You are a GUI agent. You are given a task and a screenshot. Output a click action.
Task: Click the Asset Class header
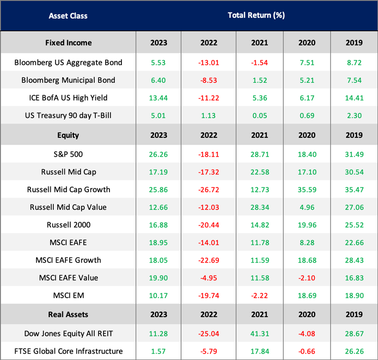(68, 15)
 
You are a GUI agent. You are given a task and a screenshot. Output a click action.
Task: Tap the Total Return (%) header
(256, 15)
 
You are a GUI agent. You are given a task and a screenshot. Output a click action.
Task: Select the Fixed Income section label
(68, 42)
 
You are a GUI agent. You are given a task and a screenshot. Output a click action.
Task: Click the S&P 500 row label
(68, 154)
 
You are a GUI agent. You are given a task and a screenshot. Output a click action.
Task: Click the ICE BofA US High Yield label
(68, 98)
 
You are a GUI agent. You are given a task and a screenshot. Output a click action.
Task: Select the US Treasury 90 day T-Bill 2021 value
(260, 116)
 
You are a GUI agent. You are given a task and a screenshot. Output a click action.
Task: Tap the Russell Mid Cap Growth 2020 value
(307, 189)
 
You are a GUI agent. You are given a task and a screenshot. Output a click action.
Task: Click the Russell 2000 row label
(68, 225)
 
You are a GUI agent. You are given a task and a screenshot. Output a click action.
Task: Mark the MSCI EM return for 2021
(260, 296)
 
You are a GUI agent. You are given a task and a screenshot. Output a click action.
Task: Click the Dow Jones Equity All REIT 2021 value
(260, 333)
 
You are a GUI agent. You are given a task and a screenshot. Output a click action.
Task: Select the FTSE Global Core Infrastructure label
(68, 351)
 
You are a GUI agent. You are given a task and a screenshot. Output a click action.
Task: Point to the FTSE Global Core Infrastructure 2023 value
(159, 351)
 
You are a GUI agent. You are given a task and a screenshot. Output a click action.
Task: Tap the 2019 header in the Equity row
(354, 135)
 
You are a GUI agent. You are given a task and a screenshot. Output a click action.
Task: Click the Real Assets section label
(68, 314)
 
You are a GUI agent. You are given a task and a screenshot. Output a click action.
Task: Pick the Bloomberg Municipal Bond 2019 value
(354, 80)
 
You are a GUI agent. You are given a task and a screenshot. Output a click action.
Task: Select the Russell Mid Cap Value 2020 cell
(307, 207)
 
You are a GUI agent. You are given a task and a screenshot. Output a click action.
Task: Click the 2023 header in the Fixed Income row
(159, 42)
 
